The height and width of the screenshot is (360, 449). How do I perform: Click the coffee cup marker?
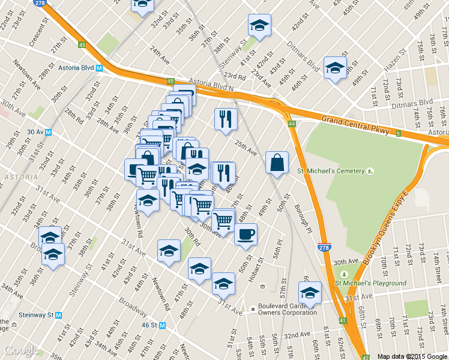tap(246, 234)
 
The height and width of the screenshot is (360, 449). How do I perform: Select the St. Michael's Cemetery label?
tap(331, 171)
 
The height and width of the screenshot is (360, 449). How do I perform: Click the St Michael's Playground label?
tap(370, 283)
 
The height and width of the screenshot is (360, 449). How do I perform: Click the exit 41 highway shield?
tap(342, 321)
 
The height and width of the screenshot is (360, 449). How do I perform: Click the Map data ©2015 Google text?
tap(412, 356)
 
